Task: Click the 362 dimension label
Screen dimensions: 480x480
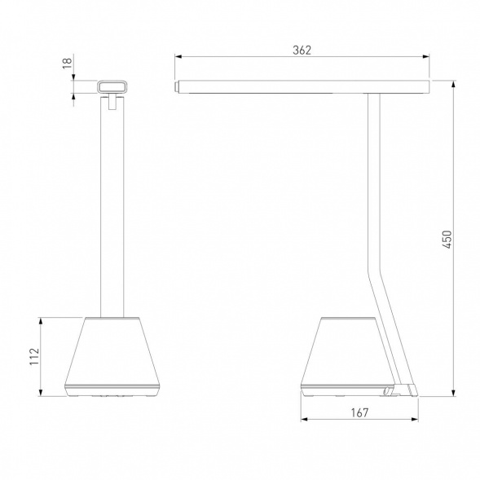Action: coord(302,50)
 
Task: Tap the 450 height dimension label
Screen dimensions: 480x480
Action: coord(447,239)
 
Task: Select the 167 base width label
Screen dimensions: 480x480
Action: coord(359,412)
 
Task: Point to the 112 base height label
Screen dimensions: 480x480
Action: coord(34,356)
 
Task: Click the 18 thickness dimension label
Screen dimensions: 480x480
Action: coord(67,63)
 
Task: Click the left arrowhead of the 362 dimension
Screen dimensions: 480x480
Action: coord(178,56)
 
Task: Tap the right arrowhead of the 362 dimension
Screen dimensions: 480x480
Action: coord(426,56)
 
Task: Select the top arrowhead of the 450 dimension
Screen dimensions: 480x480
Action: coord(454,85)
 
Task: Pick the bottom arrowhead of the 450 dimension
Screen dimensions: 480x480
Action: coord(454,393)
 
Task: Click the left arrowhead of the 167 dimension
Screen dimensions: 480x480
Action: coord(305,419)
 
